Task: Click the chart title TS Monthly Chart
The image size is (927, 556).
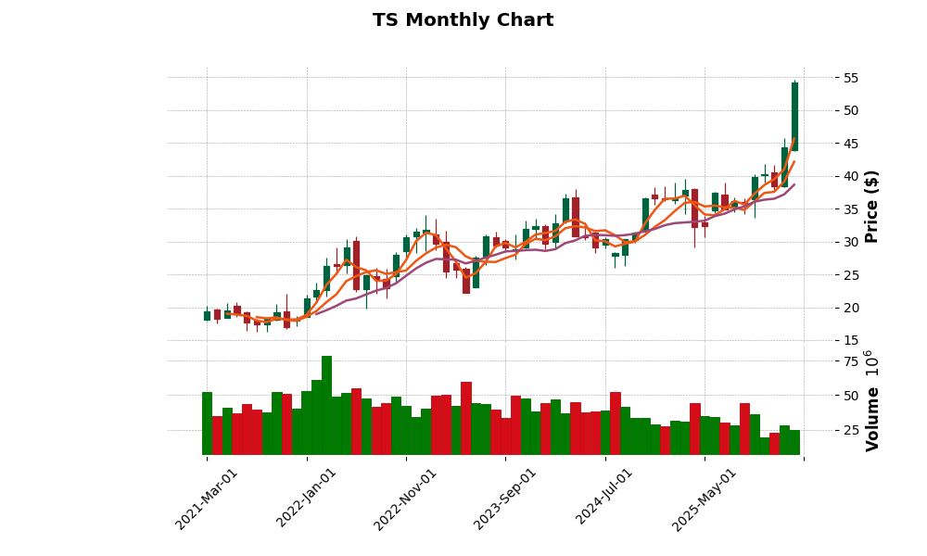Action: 463,20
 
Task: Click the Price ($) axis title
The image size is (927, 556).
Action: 871,206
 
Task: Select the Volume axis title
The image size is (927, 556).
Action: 871,400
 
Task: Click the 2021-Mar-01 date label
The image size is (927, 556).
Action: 206,499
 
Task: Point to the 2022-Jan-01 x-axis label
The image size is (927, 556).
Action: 306,499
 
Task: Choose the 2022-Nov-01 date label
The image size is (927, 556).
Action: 404,499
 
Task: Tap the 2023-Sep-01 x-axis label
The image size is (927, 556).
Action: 504,499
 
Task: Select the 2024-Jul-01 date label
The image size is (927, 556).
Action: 604,499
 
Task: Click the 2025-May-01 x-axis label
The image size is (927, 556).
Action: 704,499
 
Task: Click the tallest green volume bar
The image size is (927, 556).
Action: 326,405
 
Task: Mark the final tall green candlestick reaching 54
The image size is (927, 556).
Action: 794,117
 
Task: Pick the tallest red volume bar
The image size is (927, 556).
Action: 466,418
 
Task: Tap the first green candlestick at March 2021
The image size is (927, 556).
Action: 207,316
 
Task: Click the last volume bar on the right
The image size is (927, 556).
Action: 794,442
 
